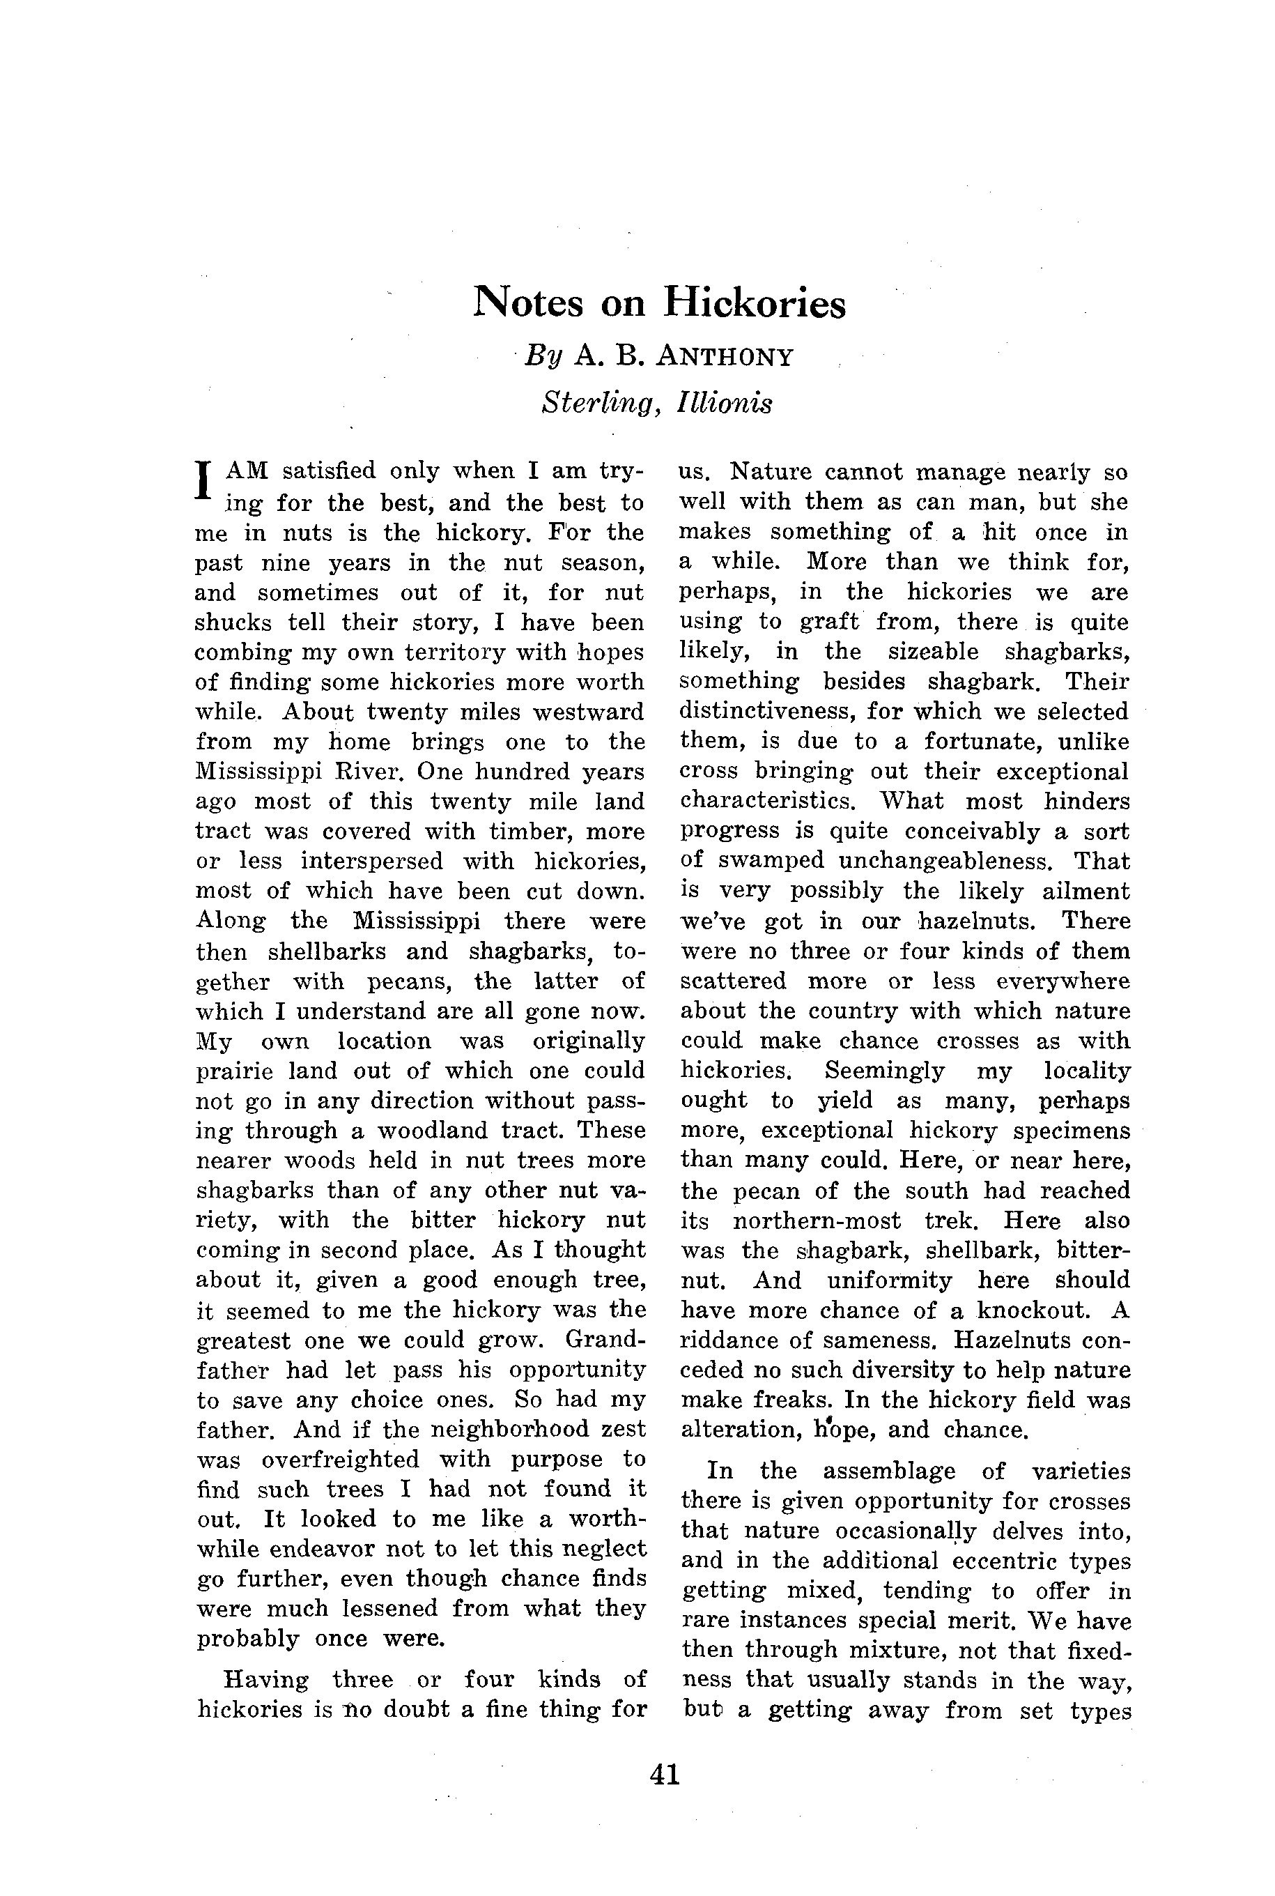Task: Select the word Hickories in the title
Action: pos(755,303)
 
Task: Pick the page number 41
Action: pos(665,1774)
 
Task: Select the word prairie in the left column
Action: pos(233,1071)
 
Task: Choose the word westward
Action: pos(588,712)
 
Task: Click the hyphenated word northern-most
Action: pos(817,1220)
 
